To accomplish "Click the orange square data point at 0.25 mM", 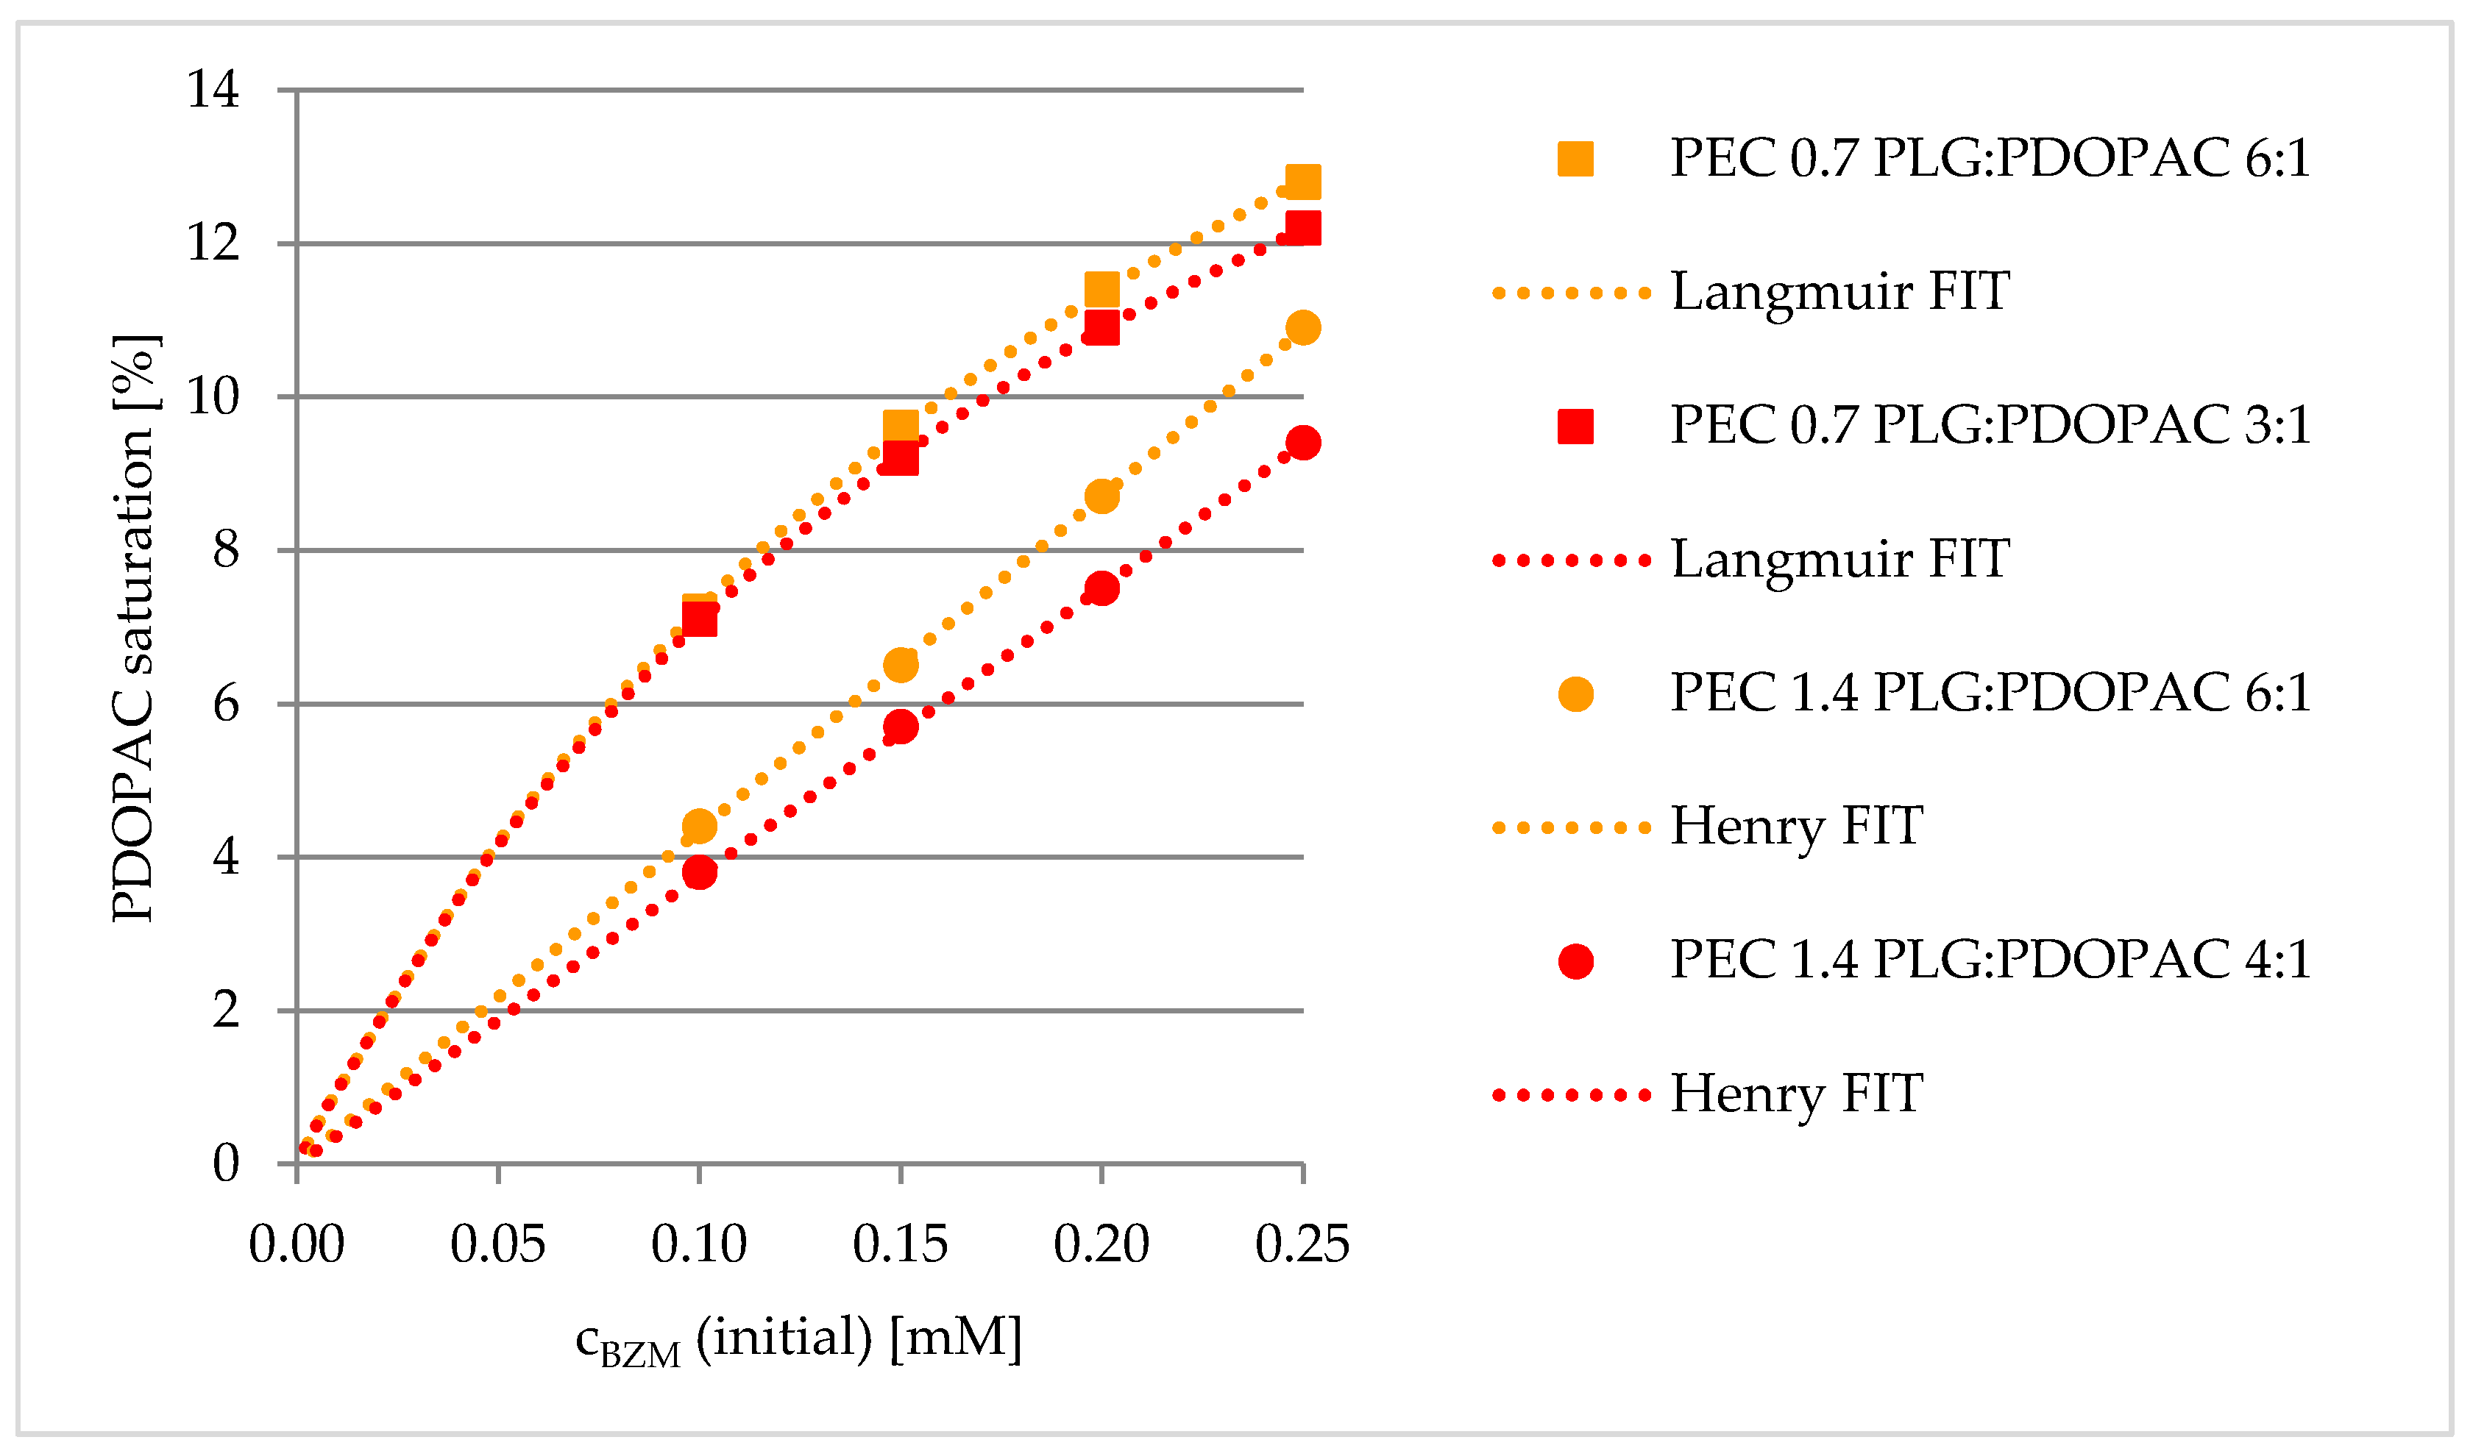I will coord(1302,182).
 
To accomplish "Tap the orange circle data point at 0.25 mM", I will coord(1302,328).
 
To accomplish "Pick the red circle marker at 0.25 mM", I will coord(1302,443).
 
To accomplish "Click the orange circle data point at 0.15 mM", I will coord(900,665).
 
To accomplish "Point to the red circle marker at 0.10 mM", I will coord(699,872).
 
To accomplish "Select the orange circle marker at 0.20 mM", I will coord(1101,496).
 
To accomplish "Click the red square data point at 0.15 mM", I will coord(900,458).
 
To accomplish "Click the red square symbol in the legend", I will coord(1575,426).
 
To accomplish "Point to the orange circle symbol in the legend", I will coord(1575,694).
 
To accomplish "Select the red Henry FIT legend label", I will coord(1796,1093).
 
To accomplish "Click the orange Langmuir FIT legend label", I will coord(1840,291).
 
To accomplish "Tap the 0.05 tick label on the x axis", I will coord(497,1244).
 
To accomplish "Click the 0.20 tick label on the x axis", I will coord(1101,1244).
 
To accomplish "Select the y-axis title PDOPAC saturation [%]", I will coord(135,628).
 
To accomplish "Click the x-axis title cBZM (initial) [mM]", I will coord(798,1339).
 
